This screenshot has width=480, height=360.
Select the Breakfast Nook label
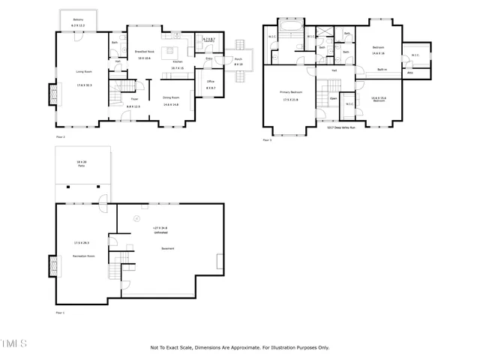click(144, 52)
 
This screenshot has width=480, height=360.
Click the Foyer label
click(135, 98)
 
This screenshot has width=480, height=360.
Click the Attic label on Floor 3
click(410, 73)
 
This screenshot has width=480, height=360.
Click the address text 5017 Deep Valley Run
click(340, 127)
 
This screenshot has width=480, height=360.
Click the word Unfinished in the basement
click(160, 232)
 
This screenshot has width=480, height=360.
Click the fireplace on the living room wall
click(51, 95)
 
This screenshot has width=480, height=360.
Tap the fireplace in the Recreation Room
click(51, 266)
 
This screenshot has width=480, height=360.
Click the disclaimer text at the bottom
click(239, 347)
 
